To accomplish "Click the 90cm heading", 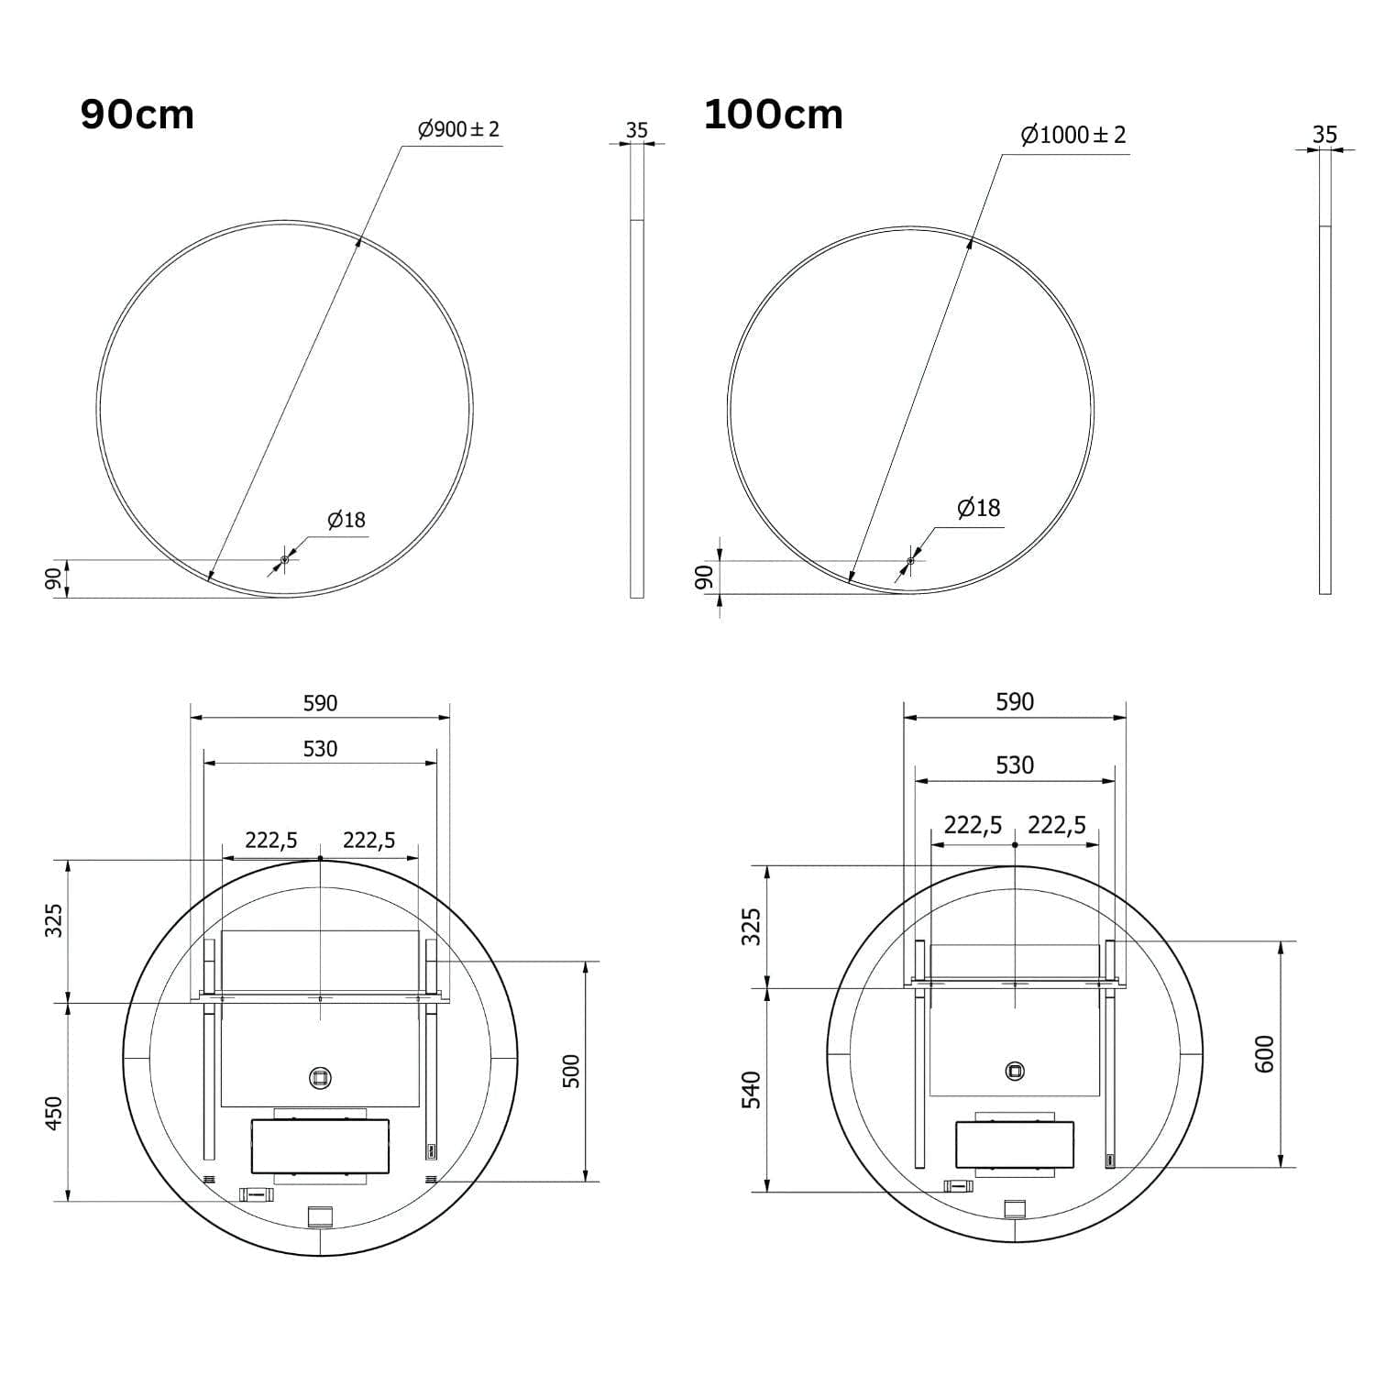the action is (x=137, y=115).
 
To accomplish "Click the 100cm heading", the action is (x=773, y=115).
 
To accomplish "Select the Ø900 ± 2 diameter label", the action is (x=458, y=129).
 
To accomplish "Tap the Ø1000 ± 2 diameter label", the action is (x=1073, y=135).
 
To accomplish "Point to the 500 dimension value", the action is (x=571, y=1071).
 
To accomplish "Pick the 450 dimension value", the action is (x=54, y=1113).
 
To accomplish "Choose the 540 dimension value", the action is (x=752, y=1090).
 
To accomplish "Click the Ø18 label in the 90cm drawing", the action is (x=346, y=521).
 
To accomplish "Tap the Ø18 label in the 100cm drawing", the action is (x=979, y=508).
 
